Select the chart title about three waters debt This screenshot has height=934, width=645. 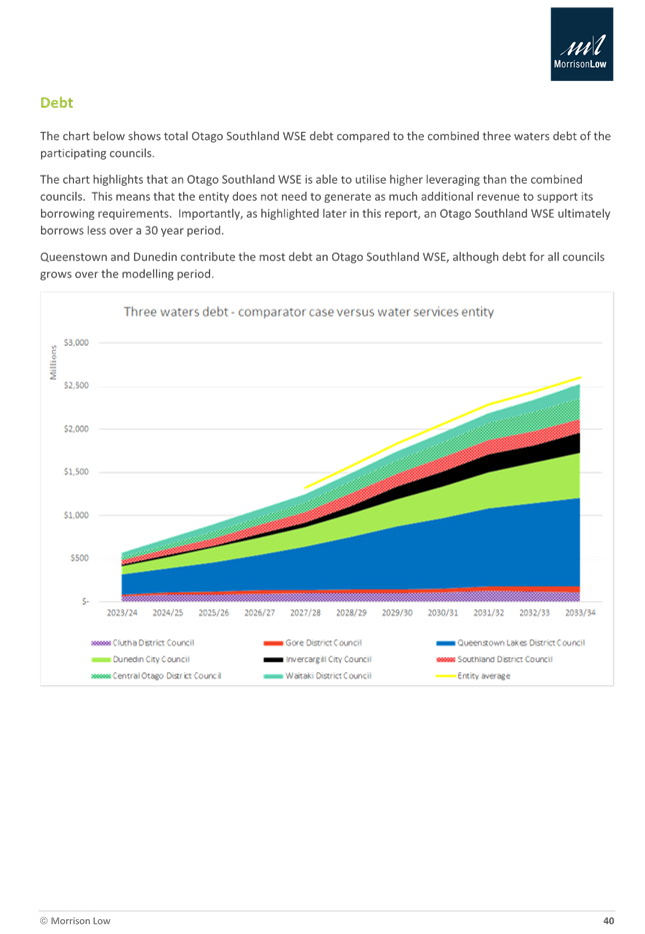pyautogui.click(x=308, y=313)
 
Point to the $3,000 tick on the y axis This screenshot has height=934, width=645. pyautogui.click(x=76, y=343)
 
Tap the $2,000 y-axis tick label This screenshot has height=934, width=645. pyautogui.click(x=76, y=429)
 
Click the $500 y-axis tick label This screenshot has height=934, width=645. pyautogui.click(x=78, y=557)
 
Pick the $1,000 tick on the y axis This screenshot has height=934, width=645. pyautogui.click(x=76, y=514)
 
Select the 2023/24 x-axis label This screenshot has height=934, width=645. pyautogui.click(x=122, y=612)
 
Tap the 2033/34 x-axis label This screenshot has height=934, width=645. pyautogui.click(x=580, y=612)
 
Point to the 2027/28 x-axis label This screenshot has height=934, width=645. pyautogui.click(x=305, y=612)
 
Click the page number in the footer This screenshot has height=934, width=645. pyautogui.click(x=608, y=919)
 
